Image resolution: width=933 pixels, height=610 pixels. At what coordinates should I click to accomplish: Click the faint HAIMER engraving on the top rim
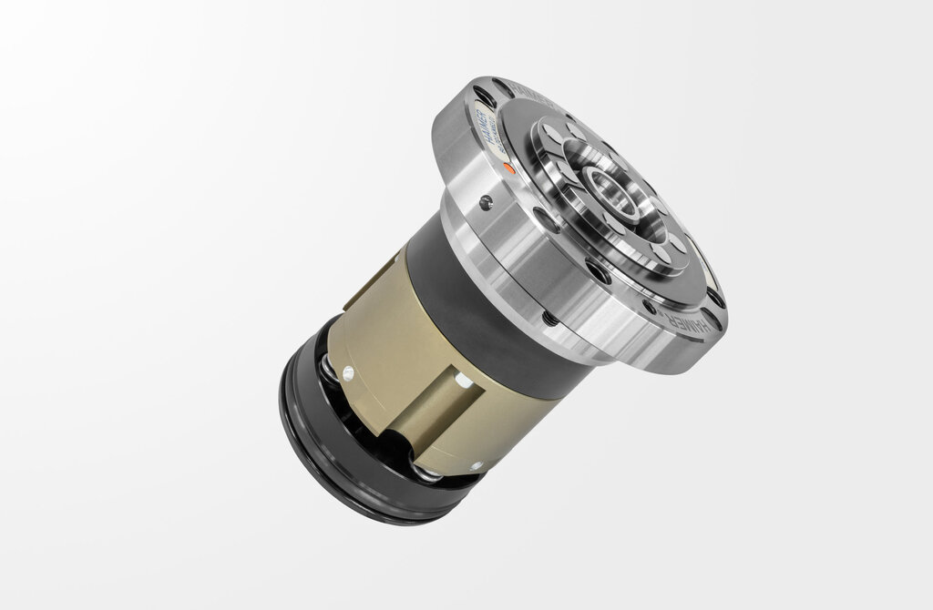click(528, 90)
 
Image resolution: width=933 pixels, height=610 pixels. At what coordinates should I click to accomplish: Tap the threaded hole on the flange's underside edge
click(549, 318)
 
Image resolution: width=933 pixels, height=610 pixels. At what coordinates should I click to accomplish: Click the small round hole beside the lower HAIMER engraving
click(649, 307)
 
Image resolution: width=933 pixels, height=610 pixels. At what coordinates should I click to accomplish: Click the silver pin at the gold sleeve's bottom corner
click(475, 465)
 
